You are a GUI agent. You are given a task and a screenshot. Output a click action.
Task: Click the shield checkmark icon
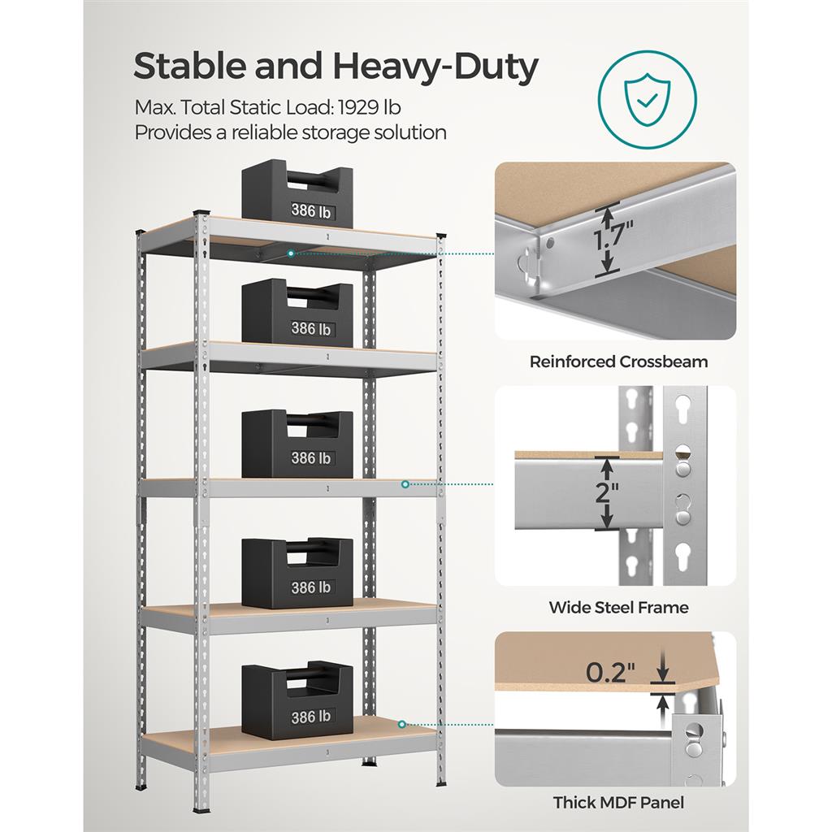coord(648,100)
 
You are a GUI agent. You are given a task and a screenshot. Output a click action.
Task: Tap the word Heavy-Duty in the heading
coord(435,67)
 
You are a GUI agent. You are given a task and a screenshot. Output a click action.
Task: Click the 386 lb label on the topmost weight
coord(311,211)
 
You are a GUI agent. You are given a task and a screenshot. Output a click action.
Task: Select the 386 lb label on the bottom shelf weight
coord(311,717)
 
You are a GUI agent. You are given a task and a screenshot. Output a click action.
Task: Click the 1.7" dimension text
coord(613,234)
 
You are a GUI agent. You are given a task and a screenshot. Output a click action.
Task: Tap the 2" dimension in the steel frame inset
coord(607,492)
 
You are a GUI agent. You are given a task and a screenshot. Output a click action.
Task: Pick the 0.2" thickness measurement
coord(610,673)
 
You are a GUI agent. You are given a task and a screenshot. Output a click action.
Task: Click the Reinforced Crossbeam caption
coord(618,362)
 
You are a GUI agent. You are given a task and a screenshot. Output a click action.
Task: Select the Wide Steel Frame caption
coord(618,608)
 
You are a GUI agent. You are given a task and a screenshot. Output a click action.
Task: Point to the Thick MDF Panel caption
coord(618,803)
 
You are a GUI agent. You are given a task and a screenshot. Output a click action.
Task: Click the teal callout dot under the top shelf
coord(291,253)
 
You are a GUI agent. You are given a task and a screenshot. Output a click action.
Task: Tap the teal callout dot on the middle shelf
coord(405,484)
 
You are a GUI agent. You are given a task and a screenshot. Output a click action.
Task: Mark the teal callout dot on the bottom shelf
coord(402,724)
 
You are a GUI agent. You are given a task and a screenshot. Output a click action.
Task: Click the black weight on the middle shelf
coord(297,444)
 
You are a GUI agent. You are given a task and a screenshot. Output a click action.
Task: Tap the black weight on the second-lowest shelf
coord(297,573)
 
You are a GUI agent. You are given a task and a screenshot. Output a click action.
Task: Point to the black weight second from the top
coord(297,313)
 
